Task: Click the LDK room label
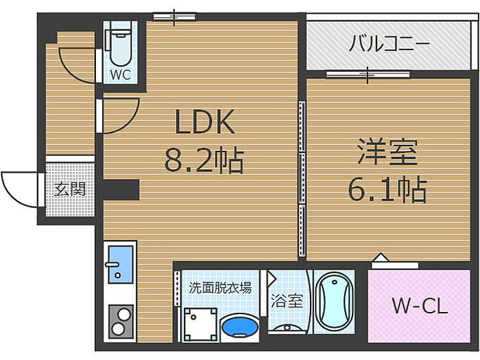(x=205, y=123)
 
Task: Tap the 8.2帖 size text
(x=204, y=162)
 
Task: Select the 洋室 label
(x=387, y=152)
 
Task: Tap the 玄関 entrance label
(x=70, y=189)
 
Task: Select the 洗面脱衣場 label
(x=219, y=288)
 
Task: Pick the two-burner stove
(x=121, y=319)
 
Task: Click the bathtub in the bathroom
(x=334, y=300)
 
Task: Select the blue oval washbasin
(x=239, y=326)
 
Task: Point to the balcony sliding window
(x=368, y=73)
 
